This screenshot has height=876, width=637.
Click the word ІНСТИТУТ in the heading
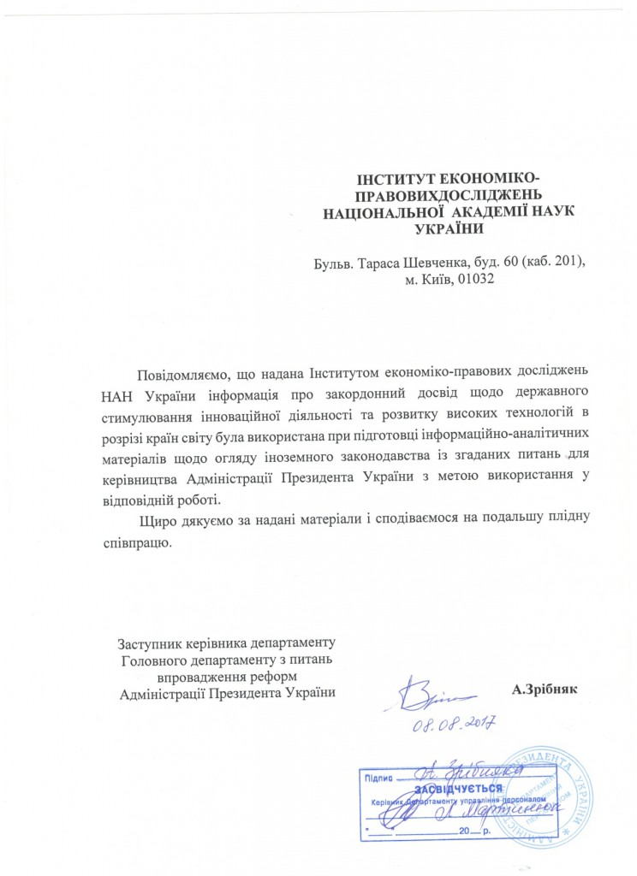coord(391,179)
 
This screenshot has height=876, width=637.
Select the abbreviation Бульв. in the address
coord(336,261)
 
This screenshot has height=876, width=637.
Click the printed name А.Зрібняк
coord(545,689)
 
